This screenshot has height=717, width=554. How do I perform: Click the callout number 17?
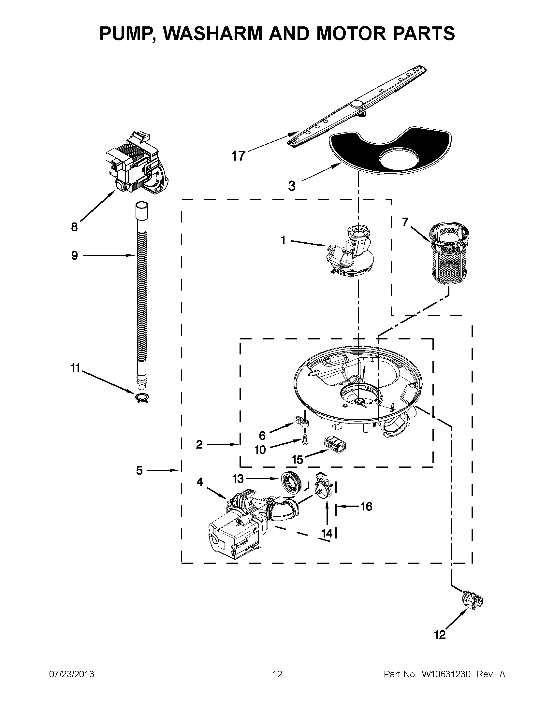click(238, 156)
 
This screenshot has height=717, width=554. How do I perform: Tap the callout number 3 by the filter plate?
click(292, 186)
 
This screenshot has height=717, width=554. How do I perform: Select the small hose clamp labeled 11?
click(142, 398)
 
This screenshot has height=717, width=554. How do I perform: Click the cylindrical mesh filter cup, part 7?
click(449, 255)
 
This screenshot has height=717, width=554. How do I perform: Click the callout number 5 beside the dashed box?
click(139, 471)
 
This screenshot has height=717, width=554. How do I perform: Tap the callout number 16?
click(366, 507)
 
